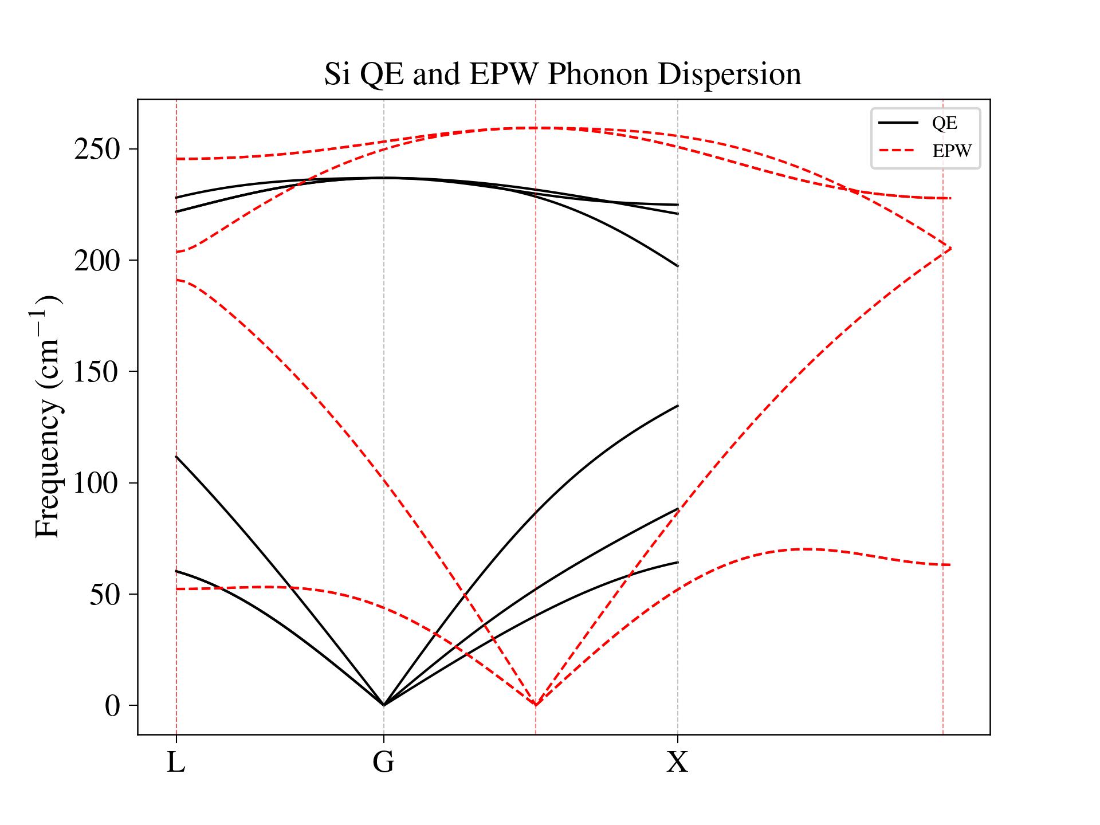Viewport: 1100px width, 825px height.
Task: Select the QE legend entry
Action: (944, 123)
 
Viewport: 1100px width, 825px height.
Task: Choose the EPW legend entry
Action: (951, 151)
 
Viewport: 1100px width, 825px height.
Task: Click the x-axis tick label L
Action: (176, 763)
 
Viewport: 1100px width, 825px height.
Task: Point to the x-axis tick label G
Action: (383, 763)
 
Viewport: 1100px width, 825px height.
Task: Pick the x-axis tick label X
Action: (677, 763)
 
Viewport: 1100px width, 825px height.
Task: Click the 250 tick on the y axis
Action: (97, 150)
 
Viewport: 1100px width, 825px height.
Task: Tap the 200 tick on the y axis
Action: (97, 261)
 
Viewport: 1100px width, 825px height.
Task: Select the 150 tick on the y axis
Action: (97, 372)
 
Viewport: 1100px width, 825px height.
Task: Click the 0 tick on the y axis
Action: (112, 706)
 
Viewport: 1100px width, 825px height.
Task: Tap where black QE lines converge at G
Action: (383, 705)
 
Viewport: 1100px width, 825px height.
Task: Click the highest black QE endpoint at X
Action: (678, 205)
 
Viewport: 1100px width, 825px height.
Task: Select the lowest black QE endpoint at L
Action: (176, 571)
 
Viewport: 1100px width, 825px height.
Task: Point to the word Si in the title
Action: (337, 74)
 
